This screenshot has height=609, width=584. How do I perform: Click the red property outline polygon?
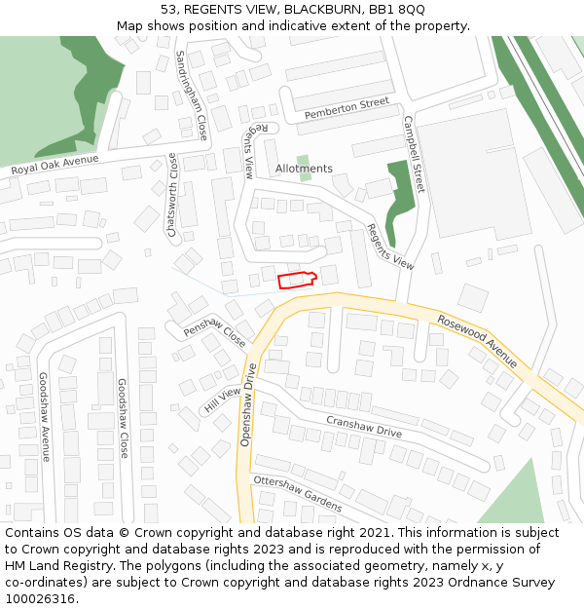(297, 281)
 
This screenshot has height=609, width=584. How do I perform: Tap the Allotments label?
(304, 169)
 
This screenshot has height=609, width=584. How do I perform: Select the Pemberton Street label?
(347, 108)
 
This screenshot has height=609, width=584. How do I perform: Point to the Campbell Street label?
(414, 155)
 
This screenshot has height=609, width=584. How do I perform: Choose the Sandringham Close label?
(192, 95)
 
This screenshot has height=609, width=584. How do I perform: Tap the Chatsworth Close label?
(172, 195)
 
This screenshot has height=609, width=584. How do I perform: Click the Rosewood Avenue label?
(477, 340)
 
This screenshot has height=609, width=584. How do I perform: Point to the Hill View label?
(222, 400)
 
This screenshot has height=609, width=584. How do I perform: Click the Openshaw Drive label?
(246, 405)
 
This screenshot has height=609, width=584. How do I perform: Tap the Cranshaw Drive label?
(363, 426)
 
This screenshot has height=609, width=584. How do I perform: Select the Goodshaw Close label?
(123, 418)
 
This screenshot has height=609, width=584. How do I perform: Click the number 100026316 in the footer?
(40, 599)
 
